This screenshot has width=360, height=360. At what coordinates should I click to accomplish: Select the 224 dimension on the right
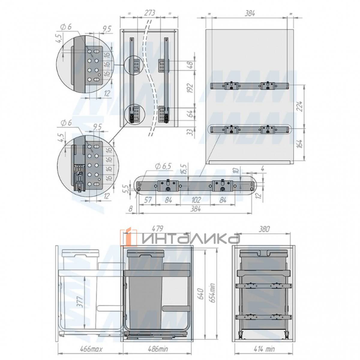[299, 106]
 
